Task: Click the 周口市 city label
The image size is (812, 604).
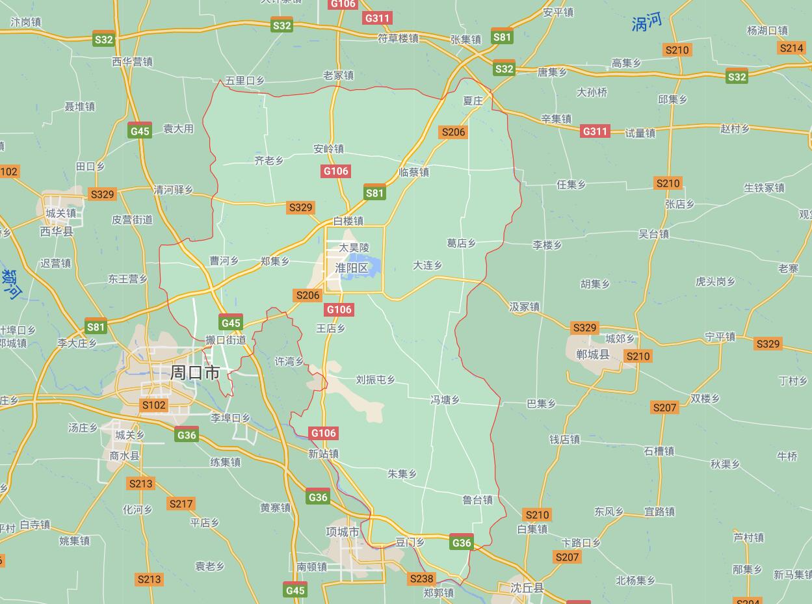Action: coord(194,373)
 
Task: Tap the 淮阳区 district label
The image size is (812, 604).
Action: coord(352,268)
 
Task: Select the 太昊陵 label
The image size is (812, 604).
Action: coord(354,248)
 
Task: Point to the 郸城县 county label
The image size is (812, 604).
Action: coord(593,354)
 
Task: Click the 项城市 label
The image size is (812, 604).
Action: coord(343,531)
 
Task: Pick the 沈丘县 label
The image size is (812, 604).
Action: coord(527,588)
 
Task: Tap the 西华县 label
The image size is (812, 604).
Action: coord(57,231)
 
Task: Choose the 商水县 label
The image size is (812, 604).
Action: coord(124,456)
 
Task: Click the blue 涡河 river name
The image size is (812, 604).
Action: coord(647,23)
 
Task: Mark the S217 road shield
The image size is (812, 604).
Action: coord(181,504)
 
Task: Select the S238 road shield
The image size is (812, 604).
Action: coord(421,579)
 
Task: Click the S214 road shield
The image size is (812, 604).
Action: coord(791,48)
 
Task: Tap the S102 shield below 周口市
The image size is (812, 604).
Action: coord(154,405)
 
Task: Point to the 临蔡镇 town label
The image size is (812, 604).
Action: coord(414,172)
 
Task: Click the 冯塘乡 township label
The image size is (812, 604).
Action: coord(445,400)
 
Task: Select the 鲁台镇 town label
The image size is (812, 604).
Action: coord(477,500)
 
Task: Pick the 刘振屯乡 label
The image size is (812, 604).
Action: coord(375,380)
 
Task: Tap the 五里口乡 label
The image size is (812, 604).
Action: coord(244,81)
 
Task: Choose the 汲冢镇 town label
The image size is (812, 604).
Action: coord(525,306)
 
